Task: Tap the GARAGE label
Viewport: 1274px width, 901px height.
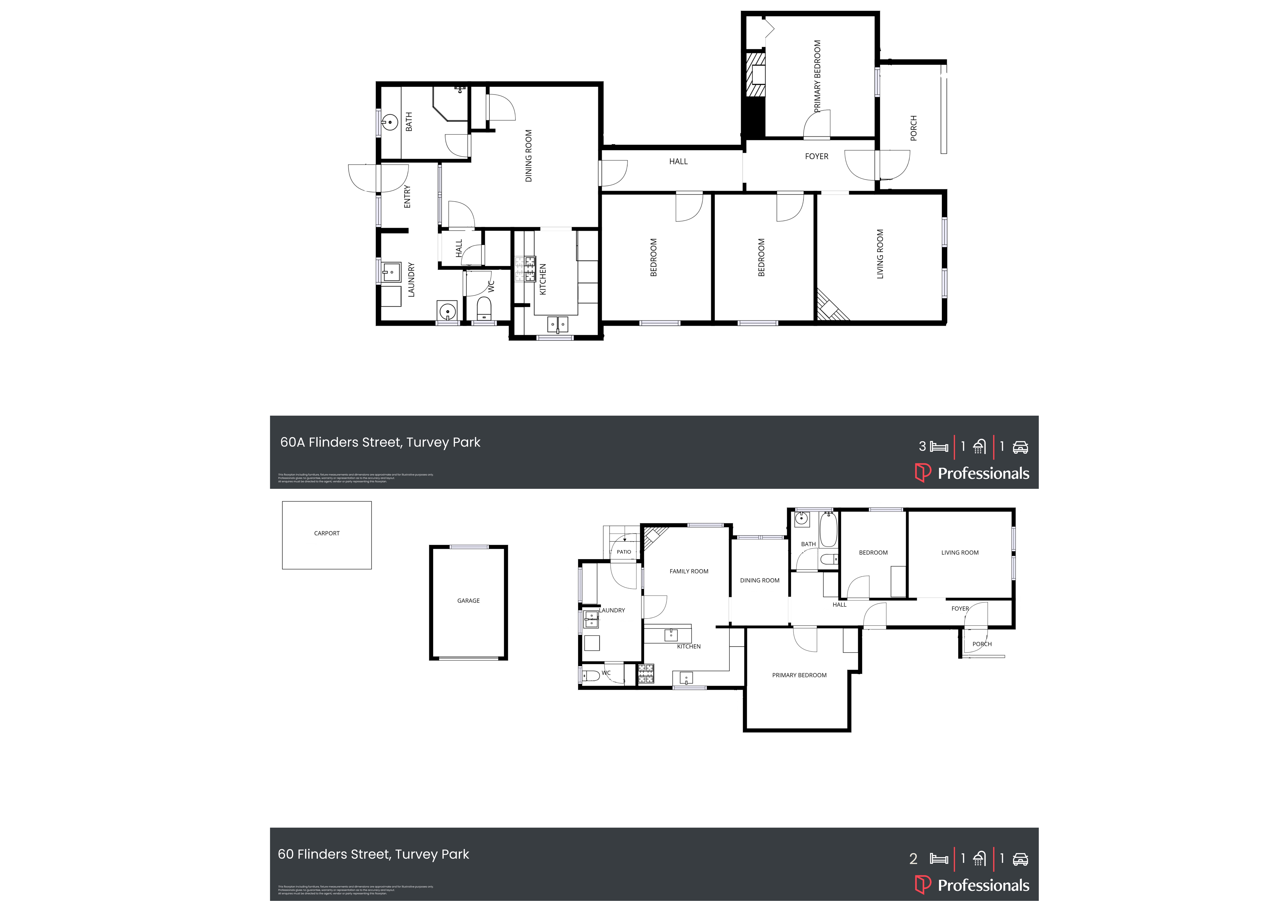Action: pos(468,601)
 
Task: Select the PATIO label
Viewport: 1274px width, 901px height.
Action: pos(624,552)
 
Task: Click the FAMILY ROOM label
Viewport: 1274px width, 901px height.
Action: pos(689,571)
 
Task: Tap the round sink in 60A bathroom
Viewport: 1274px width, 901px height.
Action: pos(390,122)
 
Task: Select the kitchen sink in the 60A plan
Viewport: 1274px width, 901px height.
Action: pos(558,324)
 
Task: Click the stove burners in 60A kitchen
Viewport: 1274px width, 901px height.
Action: pos(525,268)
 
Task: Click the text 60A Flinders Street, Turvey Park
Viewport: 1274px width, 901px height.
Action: pos(380,442)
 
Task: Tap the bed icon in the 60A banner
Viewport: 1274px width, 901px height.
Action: pos(939,447)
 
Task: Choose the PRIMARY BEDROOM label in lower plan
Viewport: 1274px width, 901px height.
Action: pos(799,675)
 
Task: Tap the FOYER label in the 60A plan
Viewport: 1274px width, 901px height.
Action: pos(816,157)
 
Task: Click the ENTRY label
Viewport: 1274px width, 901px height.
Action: pos(407,196)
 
